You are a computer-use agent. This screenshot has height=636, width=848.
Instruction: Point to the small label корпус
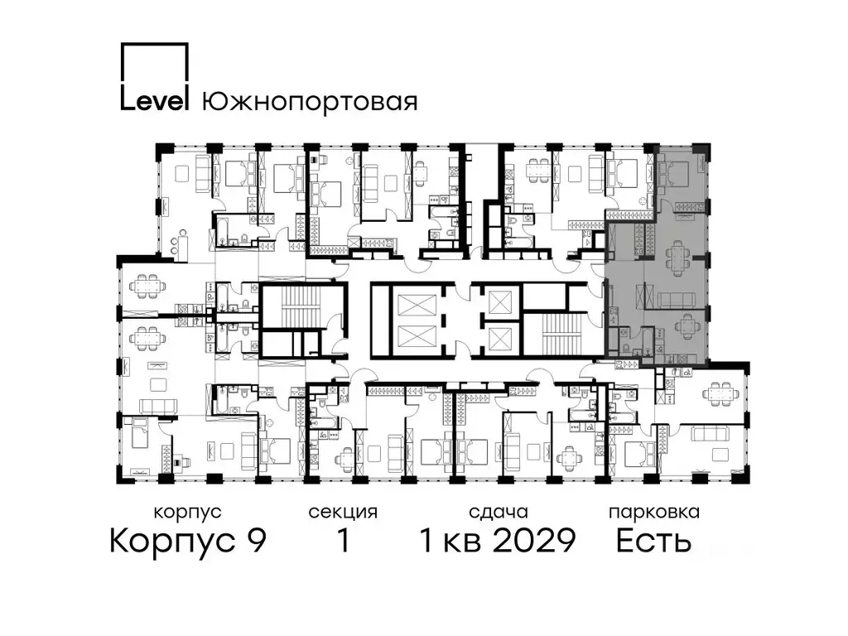[187, 513]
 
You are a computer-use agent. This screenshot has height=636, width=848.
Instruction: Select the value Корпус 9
[188, 542]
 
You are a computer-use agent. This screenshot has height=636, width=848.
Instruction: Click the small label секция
[343, 513]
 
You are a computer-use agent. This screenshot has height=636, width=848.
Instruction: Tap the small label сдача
[498, 513]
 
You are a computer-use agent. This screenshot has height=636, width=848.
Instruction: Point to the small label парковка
[653, 513]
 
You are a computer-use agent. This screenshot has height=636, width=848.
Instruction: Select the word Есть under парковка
[653, 542]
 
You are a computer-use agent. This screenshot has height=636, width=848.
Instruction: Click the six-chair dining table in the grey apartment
[678, 256]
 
